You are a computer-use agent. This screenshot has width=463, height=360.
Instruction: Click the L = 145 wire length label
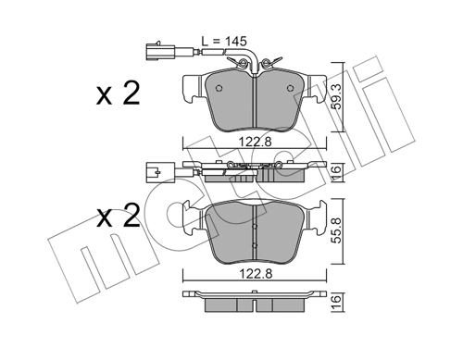pyautogui.click(x=224, y=41)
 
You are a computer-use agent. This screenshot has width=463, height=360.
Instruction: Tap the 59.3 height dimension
pyautogui.click(x=337, y=97)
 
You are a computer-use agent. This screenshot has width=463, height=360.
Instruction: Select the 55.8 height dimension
pyautogui.click(x=337, y=230)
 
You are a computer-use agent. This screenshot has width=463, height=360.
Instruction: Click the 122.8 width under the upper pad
pyautogui.click(x=256, y=143)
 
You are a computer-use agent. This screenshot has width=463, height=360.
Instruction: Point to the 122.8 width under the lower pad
pyautogui.click(x=256, y=274)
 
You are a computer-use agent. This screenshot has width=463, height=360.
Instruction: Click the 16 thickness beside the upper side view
pyautogui.click(x=337, y=171)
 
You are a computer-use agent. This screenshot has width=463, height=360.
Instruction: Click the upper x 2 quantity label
pyautogui.click(x=118, y=93)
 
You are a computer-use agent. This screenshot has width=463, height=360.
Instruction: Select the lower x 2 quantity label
pyautogui.click(x=118, y=217)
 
